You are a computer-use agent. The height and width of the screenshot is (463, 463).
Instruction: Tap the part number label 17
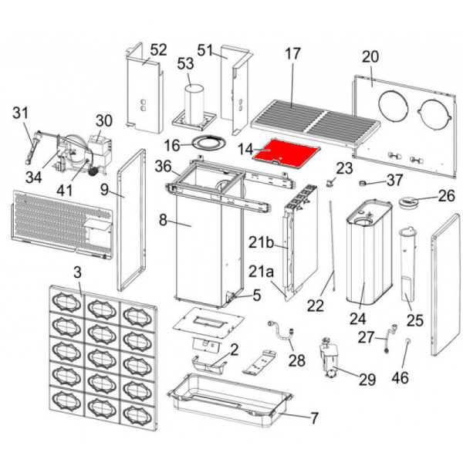pyautogui.click(x=292, y=55)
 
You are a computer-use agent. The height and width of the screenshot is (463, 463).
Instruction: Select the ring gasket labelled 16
pyautogui.click(x=205, y=143)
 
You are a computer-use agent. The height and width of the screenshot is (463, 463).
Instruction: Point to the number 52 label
pyautogui.click(x=158, y=50)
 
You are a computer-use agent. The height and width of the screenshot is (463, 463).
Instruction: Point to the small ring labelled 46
pyautogui.click(x=405, y=342)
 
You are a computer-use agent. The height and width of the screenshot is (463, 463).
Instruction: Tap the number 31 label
pyautogui.click(x=20, y=115)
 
